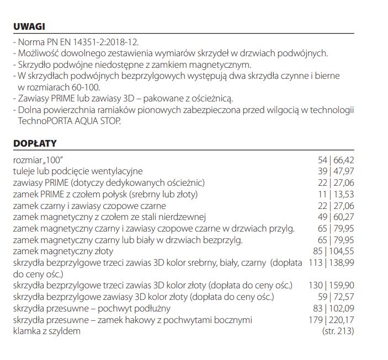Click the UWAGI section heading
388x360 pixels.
(x=29, y=26)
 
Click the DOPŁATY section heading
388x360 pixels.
(x=35, y=143)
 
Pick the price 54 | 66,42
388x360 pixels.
(x=336, y=160)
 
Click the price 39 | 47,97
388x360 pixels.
(x=336, y=171)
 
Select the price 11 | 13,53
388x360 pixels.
(x=336, y=194)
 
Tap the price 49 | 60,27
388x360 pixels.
(x=336, y=217)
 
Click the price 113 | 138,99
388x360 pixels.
(x=331, y=262)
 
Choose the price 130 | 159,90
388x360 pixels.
(x=331, y=285)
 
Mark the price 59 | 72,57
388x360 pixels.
(x=336, y=297)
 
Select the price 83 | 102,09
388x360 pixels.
(x=333, y=308)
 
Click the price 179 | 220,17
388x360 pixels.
(x=331, y=320)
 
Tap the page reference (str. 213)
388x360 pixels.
(x=338, y=331)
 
